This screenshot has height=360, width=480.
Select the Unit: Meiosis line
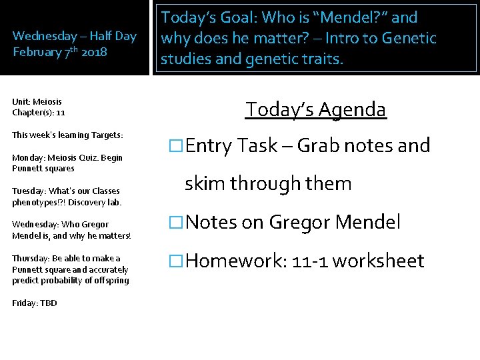[x=37, y=102]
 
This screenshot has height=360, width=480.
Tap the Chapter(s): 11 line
[x=39, y=113]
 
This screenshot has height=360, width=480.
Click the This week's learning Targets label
[x=67, y=135]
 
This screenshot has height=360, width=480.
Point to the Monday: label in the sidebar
[x=29, y=158]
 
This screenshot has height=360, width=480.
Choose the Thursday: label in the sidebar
[x=31, y=259]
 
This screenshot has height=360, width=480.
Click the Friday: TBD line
[x=35, y=303]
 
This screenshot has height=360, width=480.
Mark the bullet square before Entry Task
[x=175, y=146]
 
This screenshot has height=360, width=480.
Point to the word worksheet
[x=378, y=261]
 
